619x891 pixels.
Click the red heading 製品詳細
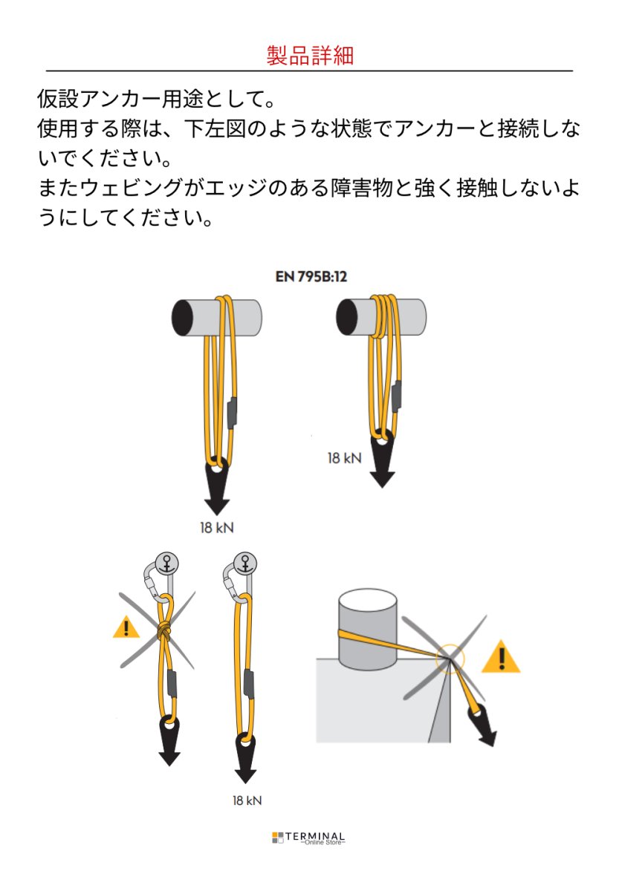click(309, 55)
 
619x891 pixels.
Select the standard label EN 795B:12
click(311, 276)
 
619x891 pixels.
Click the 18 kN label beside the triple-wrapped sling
click(344, 458)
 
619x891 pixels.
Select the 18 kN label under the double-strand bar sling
click(216, 528)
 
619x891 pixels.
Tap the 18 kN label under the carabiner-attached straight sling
click(246, 800)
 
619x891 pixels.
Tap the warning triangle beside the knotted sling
click(126, 628)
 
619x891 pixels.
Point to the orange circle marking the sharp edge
click(450, 658)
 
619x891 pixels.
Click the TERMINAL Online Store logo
click(309, 838)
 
